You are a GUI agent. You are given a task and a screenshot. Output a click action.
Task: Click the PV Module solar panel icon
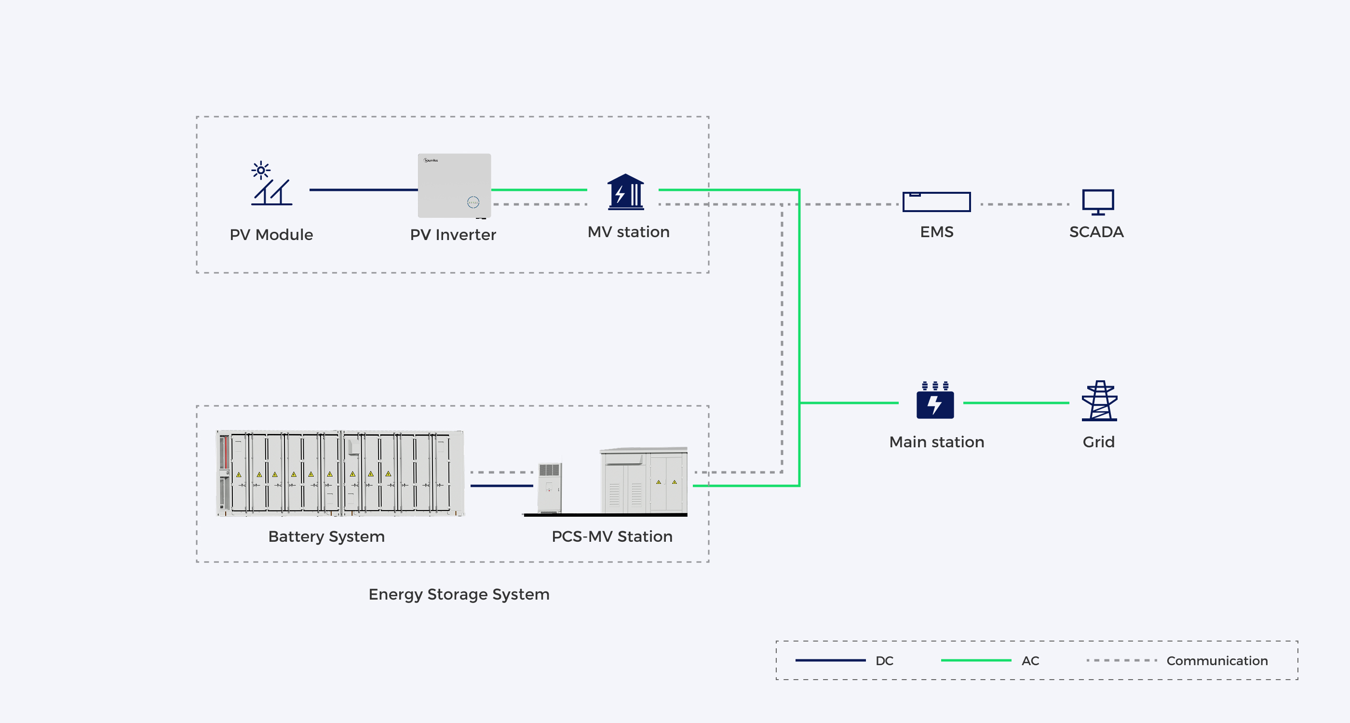click(x=271, y=183)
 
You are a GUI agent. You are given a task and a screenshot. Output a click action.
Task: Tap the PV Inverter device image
click(x=454, y=186)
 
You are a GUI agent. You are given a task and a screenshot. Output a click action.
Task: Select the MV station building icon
click(x=626, y=192)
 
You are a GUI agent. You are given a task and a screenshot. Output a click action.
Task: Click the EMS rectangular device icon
click(x=936, y=201)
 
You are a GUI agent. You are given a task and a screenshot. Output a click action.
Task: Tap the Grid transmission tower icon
click(x=1099, y=401)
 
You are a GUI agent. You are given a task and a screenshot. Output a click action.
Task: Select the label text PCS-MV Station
click(x=612, y=536)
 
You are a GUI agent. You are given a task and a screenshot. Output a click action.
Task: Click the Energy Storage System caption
click(x=459, y=595)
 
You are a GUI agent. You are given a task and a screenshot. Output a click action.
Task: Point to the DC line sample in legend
click(x=830, y=661)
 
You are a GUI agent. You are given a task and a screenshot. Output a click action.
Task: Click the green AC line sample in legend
click(x=976, y=661)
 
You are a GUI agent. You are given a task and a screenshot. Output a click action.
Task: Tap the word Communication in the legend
click(x=1217, y=661)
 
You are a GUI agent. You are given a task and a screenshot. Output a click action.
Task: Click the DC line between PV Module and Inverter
click(x=364, y=189)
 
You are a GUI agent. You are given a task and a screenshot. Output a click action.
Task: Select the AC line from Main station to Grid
click(x=1016, y=403)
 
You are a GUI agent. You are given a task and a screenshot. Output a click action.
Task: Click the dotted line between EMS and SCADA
click(x=1025, y=204)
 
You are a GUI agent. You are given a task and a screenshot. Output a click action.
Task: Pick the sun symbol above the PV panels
click(x=261, y=170)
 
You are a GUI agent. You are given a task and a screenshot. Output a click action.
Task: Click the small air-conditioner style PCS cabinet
click(x=550, y=488)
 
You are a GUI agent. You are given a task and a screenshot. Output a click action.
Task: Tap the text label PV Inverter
click(x=453, y=235)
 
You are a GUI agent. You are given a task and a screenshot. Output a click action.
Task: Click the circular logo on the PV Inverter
click(x=473, y=202)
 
